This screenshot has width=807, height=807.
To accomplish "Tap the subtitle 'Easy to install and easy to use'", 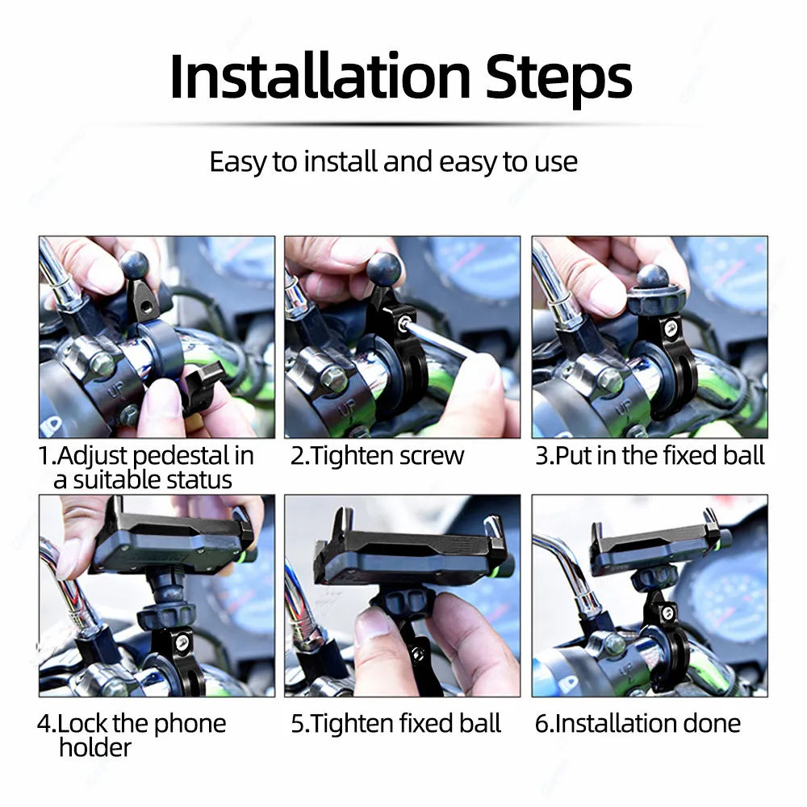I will click(393, 161).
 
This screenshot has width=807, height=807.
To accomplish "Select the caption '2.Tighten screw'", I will click(377, 456).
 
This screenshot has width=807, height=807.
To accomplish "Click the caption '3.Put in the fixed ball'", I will click(650, 456).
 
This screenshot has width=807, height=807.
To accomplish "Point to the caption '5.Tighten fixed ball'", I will click(395, 723).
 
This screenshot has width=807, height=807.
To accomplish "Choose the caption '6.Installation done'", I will click(638, 723).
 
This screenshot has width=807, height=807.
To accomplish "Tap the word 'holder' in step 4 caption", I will click(94, 747).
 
